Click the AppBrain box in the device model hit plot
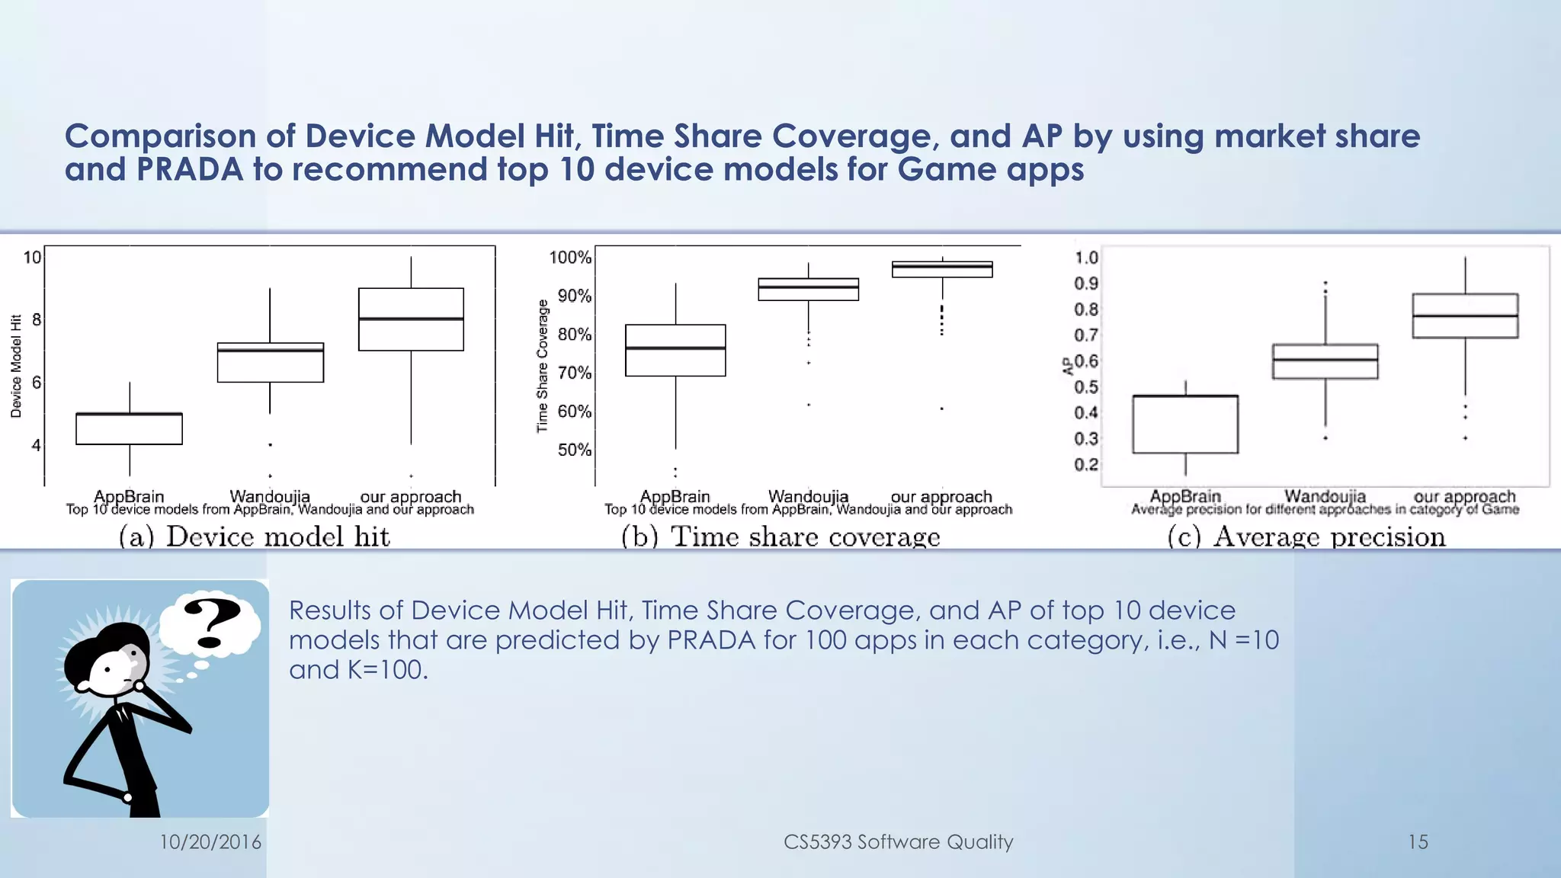pyautogui.click(x=129, y=429)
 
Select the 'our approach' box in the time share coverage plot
pyautogui.click(x=942, y=270)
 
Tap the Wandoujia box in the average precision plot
pyautogui.click(x=1325, y=362)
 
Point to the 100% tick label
pyautogui.click(x=570, y=258)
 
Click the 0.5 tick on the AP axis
pyautogui.click(x=1086, y=387)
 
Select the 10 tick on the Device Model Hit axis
pyautogui.click(x=32, y=258)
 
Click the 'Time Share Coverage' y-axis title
pyautogui.click(x=543, y=366)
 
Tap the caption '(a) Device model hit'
pyautogui.click(x=255, y=537)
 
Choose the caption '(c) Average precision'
pyautogui.click(x=1306, y=537)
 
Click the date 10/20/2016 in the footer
pyautogui.click(x=210, y=841)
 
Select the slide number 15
pyautogui.click(x=1417, y=841)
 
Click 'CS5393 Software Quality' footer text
pyautogui.click(x=898, y=841)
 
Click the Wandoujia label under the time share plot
pyautogui.click(x=808, y=496)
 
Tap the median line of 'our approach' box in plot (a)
pyautogui.click(x=411, y=319)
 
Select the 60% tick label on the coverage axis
pyautogui.click(x=574, y=412)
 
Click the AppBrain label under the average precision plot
pyautogui.click(x=1185, y=496)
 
